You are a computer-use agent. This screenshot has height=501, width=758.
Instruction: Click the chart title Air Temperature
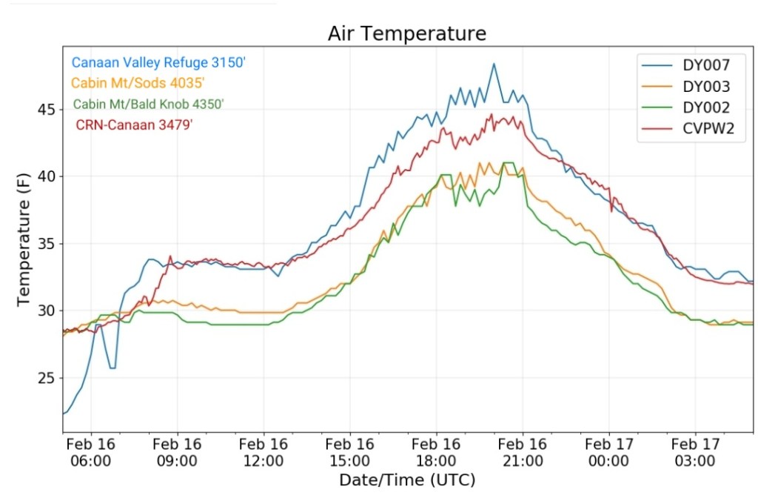coord(407,34)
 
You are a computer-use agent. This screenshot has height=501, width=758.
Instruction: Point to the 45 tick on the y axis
coord(46,110)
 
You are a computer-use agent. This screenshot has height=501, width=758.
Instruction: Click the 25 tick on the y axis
coord(46,379)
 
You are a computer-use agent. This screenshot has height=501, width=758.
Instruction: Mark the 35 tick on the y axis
coord(46,244)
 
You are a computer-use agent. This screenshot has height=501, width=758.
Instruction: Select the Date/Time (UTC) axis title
coord(407,480)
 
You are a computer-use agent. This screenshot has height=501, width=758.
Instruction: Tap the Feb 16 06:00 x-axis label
coord(91,452)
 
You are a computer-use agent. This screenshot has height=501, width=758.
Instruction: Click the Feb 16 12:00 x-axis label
coord(264,452)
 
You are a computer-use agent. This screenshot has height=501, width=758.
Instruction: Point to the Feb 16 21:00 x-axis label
coord(523,452)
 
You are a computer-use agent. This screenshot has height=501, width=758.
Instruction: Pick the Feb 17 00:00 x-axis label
coord(608,452)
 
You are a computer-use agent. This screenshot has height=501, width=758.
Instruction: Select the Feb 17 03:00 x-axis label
coord(695,452)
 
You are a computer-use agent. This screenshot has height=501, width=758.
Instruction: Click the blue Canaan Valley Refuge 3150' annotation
coord(158,63)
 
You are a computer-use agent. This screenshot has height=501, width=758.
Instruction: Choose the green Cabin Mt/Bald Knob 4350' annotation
coord(149,104)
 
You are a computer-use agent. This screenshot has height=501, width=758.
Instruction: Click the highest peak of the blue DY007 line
coord(494,64)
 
